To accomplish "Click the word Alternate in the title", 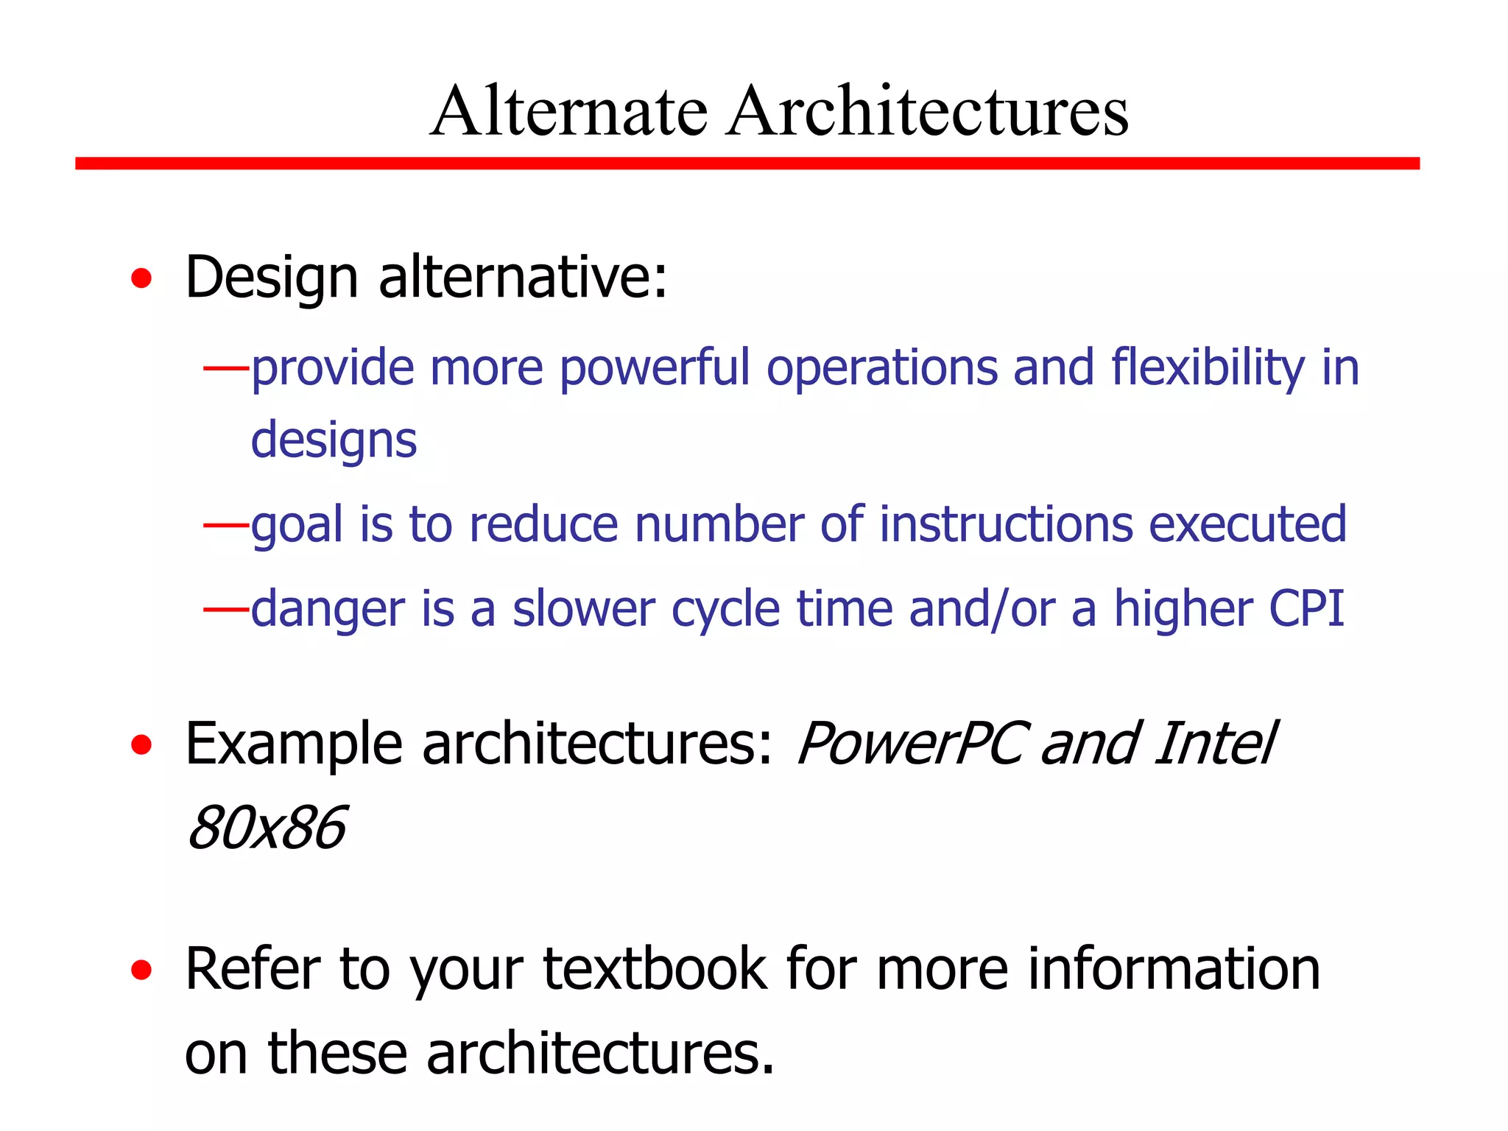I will click(568, 111).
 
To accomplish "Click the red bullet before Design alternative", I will click(141, 279).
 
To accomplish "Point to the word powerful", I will click(655, 368).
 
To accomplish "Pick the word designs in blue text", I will click(334, 440).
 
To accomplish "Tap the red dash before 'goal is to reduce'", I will click(226, 524).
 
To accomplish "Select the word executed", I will click(1247, 524).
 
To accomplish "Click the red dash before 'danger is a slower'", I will click(226, 609).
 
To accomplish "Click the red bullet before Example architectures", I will click(141, 745).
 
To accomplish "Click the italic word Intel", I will click(1214, 744).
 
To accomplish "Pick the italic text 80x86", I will click(267, 828).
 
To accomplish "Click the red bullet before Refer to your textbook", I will click(141, 970).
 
